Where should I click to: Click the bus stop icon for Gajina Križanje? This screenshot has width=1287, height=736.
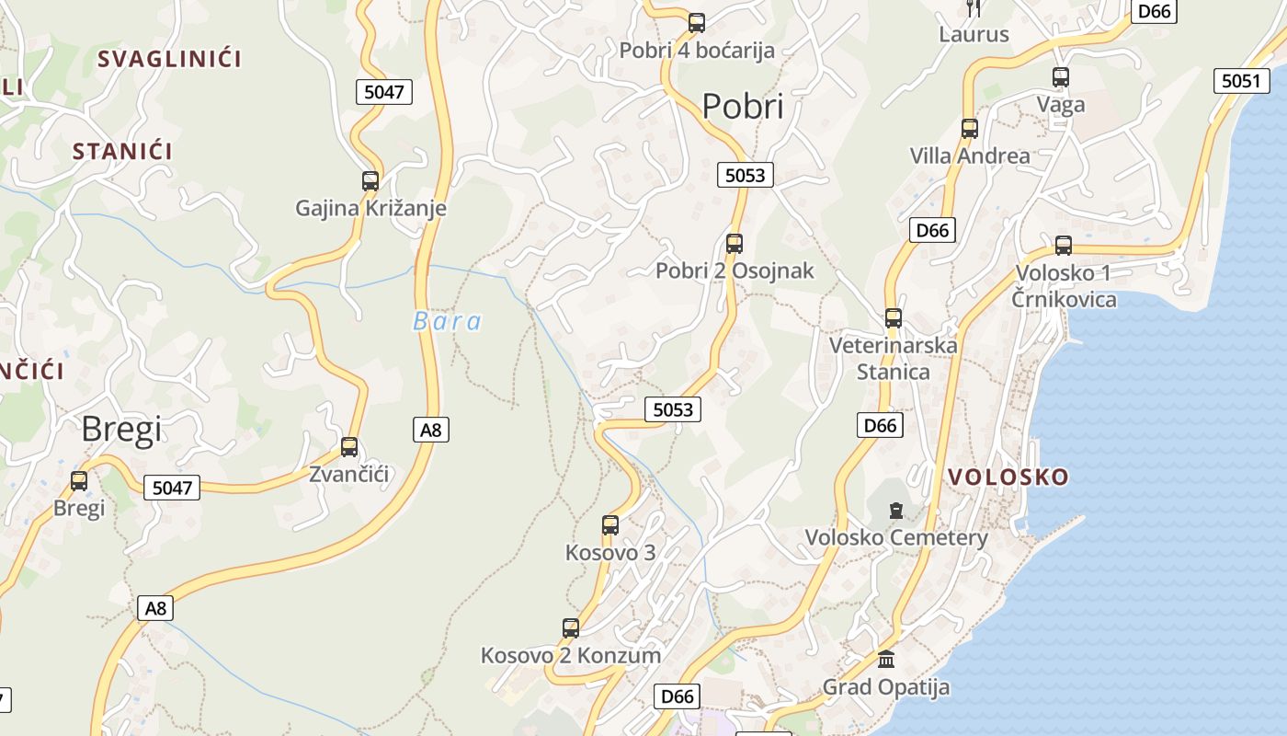point(370,181)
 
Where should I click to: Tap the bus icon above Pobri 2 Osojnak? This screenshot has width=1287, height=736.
point(735,244)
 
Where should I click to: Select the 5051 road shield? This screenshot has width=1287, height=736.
point(1241,81)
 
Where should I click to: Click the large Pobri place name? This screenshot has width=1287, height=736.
point(743,107)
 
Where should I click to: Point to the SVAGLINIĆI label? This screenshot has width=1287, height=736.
point(169,59)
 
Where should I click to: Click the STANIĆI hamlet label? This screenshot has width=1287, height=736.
point(122,152)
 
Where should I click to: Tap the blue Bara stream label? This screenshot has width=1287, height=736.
point(447,321)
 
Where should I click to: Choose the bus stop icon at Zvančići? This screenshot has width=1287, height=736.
point(349,447)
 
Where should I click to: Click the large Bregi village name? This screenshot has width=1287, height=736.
point(121,429)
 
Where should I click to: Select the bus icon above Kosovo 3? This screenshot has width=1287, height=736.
point(610,525)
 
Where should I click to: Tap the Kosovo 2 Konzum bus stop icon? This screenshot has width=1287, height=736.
point(571,628)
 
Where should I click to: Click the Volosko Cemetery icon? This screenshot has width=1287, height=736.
point(896,510)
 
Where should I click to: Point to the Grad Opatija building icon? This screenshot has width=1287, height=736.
point(886,660)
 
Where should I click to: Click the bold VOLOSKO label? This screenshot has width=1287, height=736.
point(1008,477)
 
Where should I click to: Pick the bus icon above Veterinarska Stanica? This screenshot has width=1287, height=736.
point(894,318)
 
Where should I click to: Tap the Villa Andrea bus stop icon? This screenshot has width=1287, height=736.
point(970,129)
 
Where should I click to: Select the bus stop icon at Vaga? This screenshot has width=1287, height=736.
point(1061,77)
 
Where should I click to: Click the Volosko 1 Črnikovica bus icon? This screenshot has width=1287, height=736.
point(1064,246)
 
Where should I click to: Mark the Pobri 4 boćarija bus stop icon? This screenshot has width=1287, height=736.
point(697,23)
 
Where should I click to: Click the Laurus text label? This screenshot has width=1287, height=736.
point(974,35)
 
